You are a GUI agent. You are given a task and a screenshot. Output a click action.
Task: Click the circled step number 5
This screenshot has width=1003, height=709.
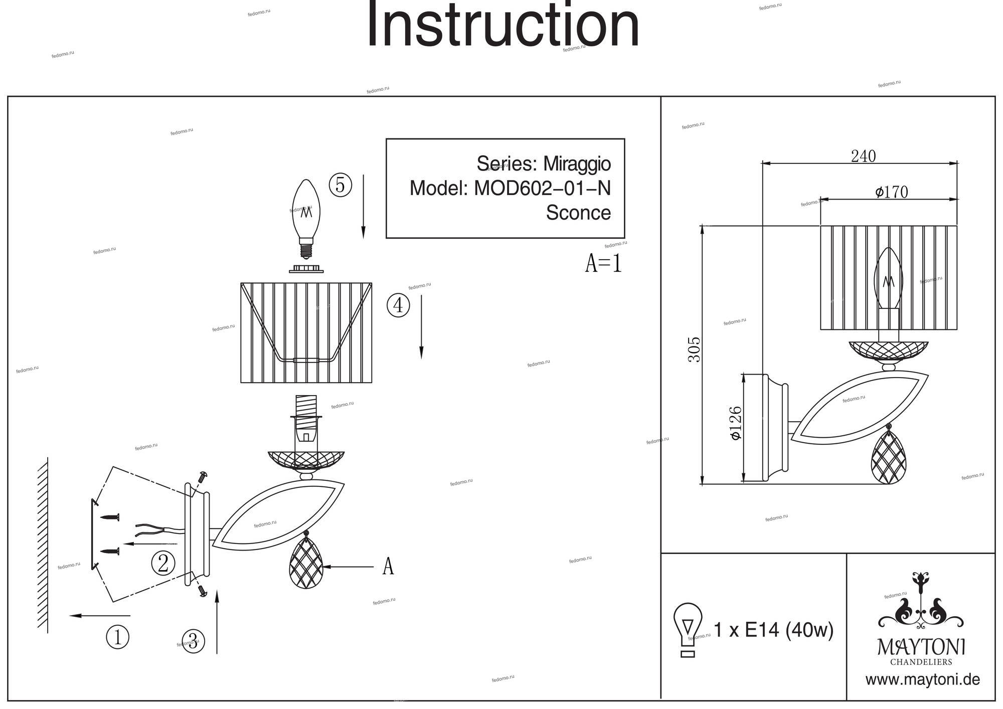pos(340,185)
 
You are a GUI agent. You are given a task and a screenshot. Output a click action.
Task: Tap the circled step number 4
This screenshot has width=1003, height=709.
pos(398,305)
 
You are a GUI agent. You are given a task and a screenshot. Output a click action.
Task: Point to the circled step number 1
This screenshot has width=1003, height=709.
pos(117,637)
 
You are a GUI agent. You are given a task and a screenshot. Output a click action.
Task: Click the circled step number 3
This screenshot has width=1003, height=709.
pos(193,641)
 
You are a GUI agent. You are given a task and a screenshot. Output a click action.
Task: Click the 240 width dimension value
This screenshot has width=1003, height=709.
pos(863,156)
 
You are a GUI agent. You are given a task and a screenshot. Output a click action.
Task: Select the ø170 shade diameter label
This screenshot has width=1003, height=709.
pos(891,192)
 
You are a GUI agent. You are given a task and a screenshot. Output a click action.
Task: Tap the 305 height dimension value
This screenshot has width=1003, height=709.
pos(695,349)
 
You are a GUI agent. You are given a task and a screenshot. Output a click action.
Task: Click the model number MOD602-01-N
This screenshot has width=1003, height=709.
pos(542,189)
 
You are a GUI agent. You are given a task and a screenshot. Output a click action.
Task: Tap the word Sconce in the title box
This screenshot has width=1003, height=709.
pos(578,213)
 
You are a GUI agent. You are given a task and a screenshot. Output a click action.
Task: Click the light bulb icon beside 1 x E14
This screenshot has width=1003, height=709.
pos(688,630)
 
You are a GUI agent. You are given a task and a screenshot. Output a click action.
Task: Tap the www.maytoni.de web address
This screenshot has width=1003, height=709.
pos(922,680)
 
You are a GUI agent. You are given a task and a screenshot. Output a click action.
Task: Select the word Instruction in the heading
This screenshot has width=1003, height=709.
pos(503,25)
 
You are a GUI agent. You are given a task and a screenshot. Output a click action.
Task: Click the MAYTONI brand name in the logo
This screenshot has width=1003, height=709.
pos(921,647)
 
